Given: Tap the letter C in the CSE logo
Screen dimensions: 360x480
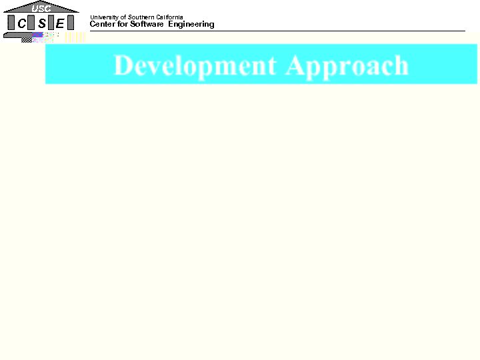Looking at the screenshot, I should coord(22,23).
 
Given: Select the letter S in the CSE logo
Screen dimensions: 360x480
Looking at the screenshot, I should coord(41,23).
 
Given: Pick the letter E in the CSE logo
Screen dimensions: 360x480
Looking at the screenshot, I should coord(60,23).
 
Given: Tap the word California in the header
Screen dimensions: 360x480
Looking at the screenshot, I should coord(169,17).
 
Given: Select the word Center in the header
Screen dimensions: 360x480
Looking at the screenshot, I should coord(102,25).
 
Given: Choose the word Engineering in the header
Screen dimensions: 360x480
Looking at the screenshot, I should coord(191,25).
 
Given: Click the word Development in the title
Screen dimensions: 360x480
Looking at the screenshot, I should coord(195,65).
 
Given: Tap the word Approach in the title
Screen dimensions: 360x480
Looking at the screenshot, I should coord(347,65).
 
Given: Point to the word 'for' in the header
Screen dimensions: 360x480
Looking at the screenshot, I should coord(122,25).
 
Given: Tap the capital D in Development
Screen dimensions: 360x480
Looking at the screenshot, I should coord(123,65).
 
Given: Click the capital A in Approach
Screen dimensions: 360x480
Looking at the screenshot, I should coord(295,65).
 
